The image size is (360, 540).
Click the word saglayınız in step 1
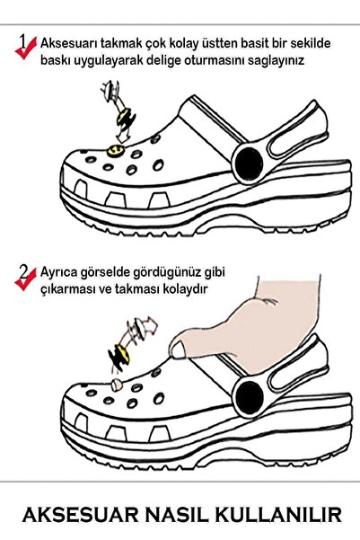coord(276,60)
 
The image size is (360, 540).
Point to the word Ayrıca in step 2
coord(58,272)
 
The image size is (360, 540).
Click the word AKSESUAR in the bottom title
coord(81,515)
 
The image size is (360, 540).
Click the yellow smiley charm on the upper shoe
coord(115,150)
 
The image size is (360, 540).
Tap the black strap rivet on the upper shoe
coord(250,164)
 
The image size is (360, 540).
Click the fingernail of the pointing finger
coord(179,350)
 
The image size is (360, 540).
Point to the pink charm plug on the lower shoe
coord(117,385)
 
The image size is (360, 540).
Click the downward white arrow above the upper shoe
coord(121,135)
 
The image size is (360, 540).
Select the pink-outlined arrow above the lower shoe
coord(151,325)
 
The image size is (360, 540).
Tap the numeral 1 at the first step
coord(22,40)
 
